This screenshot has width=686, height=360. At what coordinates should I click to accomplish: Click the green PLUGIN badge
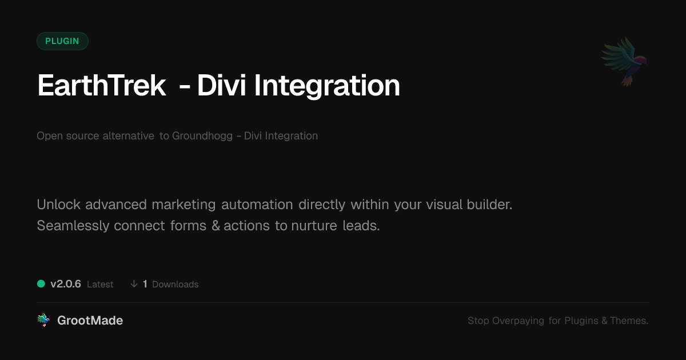tap(62, 41)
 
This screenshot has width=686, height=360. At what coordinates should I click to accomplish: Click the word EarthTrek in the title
tap(101, 85)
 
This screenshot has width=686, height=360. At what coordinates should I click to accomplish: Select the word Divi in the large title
tap(221, 85)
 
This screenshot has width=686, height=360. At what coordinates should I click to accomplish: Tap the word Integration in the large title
tap(327, 87)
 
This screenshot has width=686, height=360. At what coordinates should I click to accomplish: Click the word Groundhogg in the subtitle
tap(202, 136)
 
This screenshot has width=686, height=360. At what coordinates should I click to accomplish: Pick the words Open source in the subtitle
tap(67, 136)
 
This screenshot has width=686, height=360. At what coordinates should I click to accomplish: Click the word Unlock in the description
tap(58, 205)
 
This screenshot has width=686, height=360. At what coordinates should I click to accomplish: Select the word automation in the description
tap(257, 205)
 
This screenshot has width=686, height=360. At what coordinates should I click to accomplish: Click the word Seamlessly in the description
tap(73, 226)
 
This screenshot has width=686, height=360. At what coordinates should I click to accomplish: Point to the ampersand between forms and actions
tap(216, 226)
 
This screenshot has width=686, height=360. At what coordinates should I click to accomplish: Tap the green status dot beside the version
tap(41, 284)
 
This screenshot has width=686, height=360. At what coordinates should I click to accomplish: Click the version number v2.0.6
tap(66, 284)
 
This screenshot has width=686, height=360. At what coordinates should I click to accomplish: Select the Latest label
tap(100, 285)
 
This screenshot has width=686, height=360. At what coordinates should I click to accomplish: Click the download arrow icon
tap(134, 284)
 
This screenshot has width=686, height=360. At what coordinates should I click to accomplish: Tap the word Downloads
tap(175, 285)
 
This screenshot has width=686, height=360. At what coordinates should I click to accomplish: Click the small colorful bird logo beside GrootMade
tap(43, 320)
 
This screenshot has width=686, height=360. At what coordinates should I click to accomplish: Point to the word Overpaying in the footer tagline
tap(518, 321)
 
